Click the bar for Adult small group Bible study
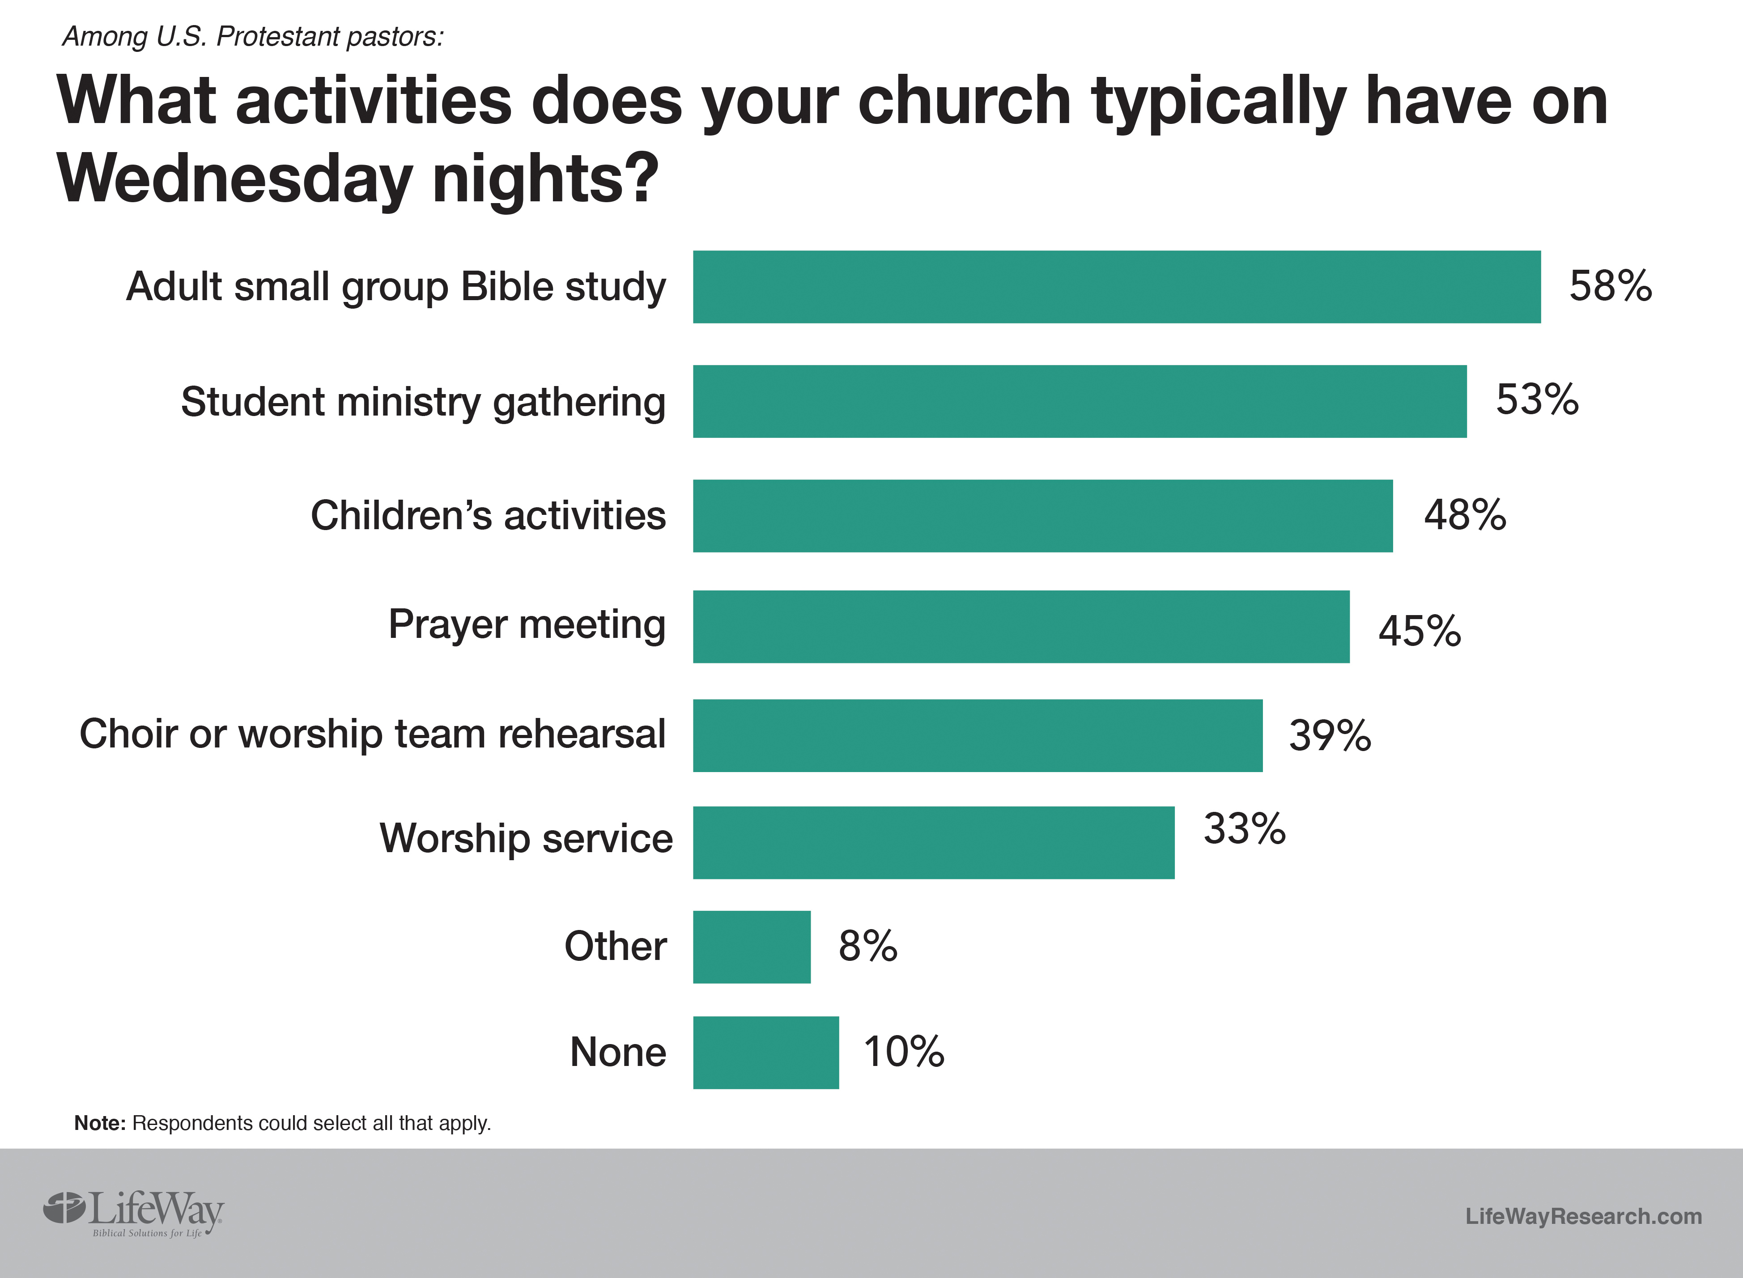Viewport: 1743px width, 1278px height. pos(1116,287)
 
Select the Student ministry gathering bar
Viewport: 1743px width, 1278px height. pos(1079,402)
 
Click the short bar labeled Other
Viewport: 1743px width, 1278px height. pos(751,947)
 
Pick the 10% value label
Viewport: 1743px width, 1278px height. pos(904,1052)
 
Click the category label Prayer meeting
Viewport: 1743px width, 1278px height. pos(527,625)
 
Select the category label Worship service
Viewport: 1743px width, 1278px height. pos(526,839)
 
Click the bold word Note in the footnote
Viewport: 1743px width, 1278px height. pos(99,1123)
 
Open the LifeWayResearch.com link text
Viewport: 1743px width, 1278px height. pos(1583,1216)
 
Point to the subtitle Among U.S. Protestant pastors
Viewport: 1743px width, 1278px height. pos(253,36)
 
